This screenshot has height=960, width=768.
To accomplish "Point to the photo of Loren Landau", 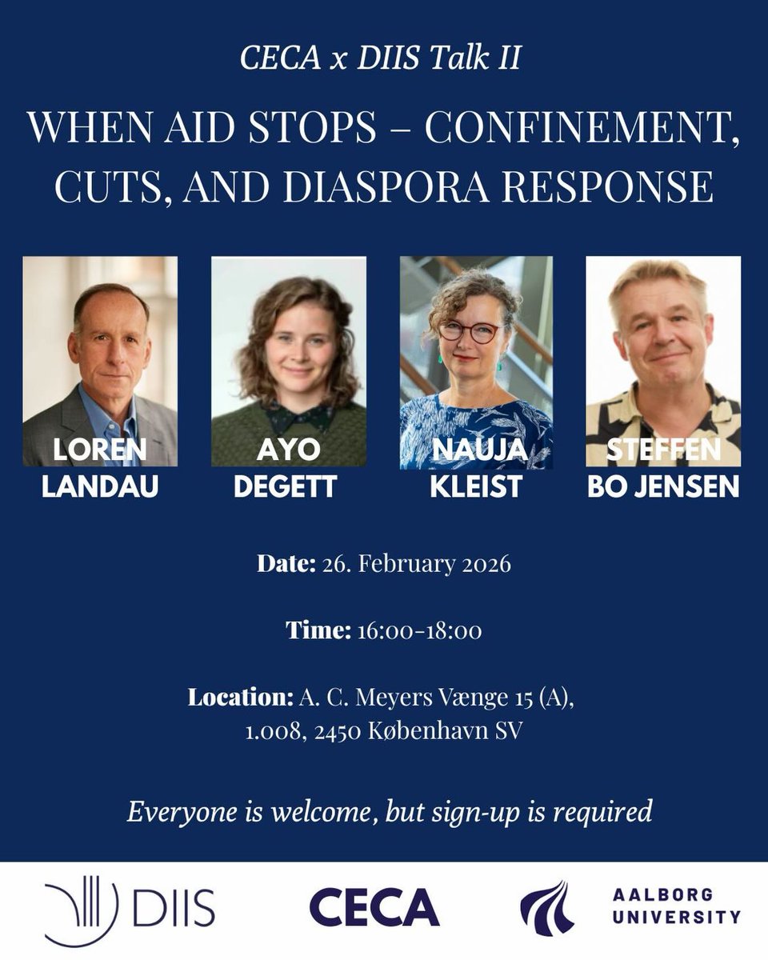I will click(100, 360).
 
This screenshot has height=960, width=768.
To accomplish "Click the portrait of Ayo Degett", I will click(289, 360).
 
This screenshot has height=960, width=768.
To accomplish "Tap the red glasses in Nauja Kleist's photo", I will click(474, 332).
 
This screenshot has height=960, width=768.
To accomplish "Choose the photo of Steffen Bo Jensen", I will click(663, 360).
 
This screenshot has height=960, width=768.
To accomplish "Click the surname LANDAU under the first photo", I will click(100, 487).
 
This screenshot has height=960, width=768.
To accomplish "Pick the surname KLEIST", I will click(476, 487).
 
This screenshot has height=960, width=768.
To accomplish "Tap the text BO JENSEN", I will click(663, 487).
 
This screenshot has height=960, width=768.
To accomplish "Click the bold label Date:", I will click(286, 564).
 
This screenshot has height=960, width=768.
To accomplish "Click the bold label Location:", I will click(241, 698).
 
